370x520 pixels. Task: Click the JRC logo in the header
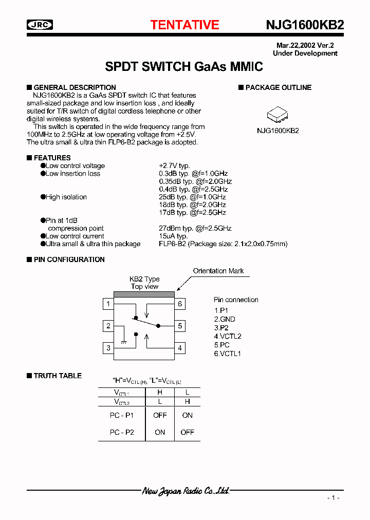pyautogui.click(x=40, y=25)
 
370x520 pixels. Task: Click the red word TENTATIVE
pyautogui.click(x=184, y=25)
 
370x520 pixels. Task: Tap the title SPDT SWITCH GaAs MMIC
pyautogui.click(x=184, y=66)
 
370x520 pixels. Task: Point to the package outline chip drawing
pyautogui.click(x=278, y=114)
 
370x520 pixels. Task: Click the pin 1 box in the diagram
pyautogui.click(x=108, y=304)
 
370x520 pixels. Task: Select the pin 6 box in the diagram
pyautogui.click(x=180, y=304)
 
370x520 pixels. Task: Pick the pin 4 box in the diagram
pyautogui.click(x=180, y=348)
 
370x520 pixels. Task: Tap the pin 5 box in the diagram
pyautogui.click(x=180, y=326)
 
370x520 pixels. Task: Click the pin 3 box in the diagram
pyautogui.click(x=108, y=348)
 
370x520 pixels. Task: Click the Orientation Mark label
pyautogui.click(x=218, y=271)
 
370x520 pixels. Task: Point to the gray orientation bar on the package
pyautogui.click(x=144, y=294)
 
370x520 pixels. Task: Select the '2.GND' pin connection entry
pyautogui.click(x=225, y=319)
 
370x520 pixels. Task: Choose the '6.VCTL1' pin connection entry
pyautogui.click(x=228, y=354)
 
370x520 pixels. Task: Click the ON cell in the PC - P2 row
pyautogui.click(x=160, y=432)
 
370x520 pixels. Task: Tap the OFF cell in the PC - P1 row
pyautogui.click(x=160, y=415)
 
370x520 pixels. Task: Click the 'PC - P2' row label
pyautogui.click(x=122, y=432)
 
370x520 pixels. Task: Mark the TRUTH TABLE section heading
pyautogui.click(x=58, y=376)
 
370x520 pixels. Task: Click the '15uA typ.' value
pyautogui.click(x=173, y=236)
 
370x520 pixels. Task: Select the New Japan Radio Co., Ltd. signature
pyautogui.click(x=186, y=491)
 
